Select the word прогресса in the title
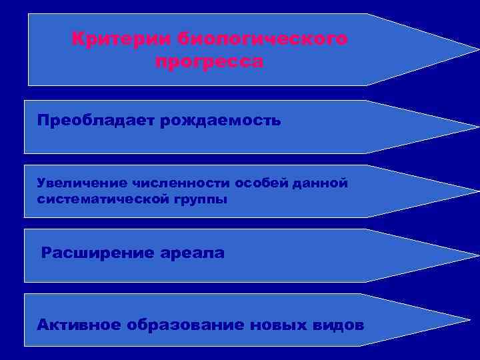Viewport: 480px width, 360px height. [209, 62]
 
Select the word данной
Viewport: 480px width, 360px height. [320, 183]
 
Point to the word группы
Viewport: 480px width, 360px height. [202, 199]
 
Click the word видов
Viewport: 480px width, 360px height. [338, 325]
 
